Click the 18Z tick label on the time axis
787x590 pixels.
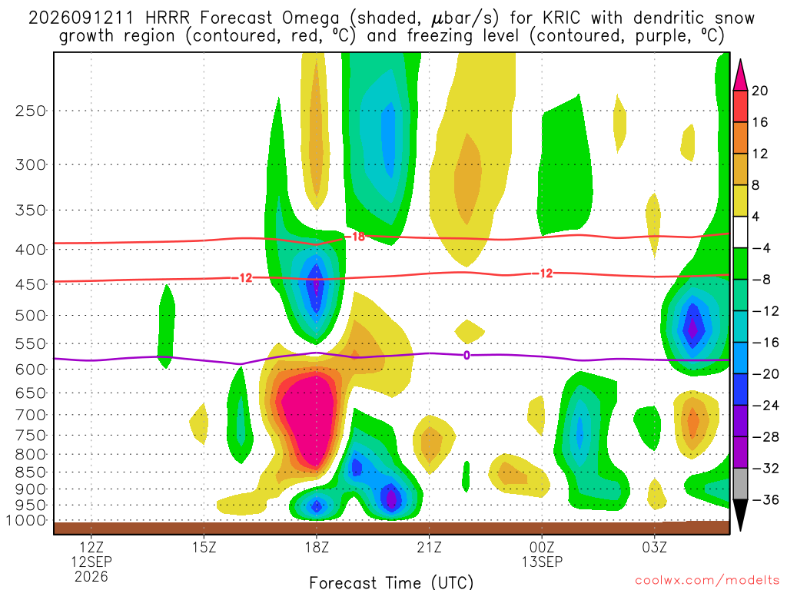coord(317,547)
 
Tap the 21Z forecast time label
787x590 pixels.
coord(429,547)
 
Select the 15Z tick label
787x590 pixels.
coord(204,547)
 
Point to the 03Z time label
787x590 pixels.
coord(655,547)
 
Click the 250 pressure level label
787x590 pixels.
coord(31,111)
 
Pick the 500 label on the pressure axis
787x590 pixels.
coord(31,316)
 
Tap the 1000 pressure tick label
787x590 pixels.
coord(27,521)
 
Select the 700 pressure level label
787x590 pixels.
coord(31,415)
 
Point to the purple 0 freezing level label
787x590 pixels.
coord(467,355)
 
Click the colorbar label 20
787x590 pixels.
coord(760,91)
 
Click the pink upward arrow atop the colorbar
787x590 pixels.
coord(740,75)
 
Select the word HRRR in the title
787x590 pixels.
coord(167,18)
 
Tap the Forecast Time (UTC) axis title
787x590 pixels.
coord(391,582)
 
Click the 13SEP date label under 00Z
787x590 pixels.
coord(542,562)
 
